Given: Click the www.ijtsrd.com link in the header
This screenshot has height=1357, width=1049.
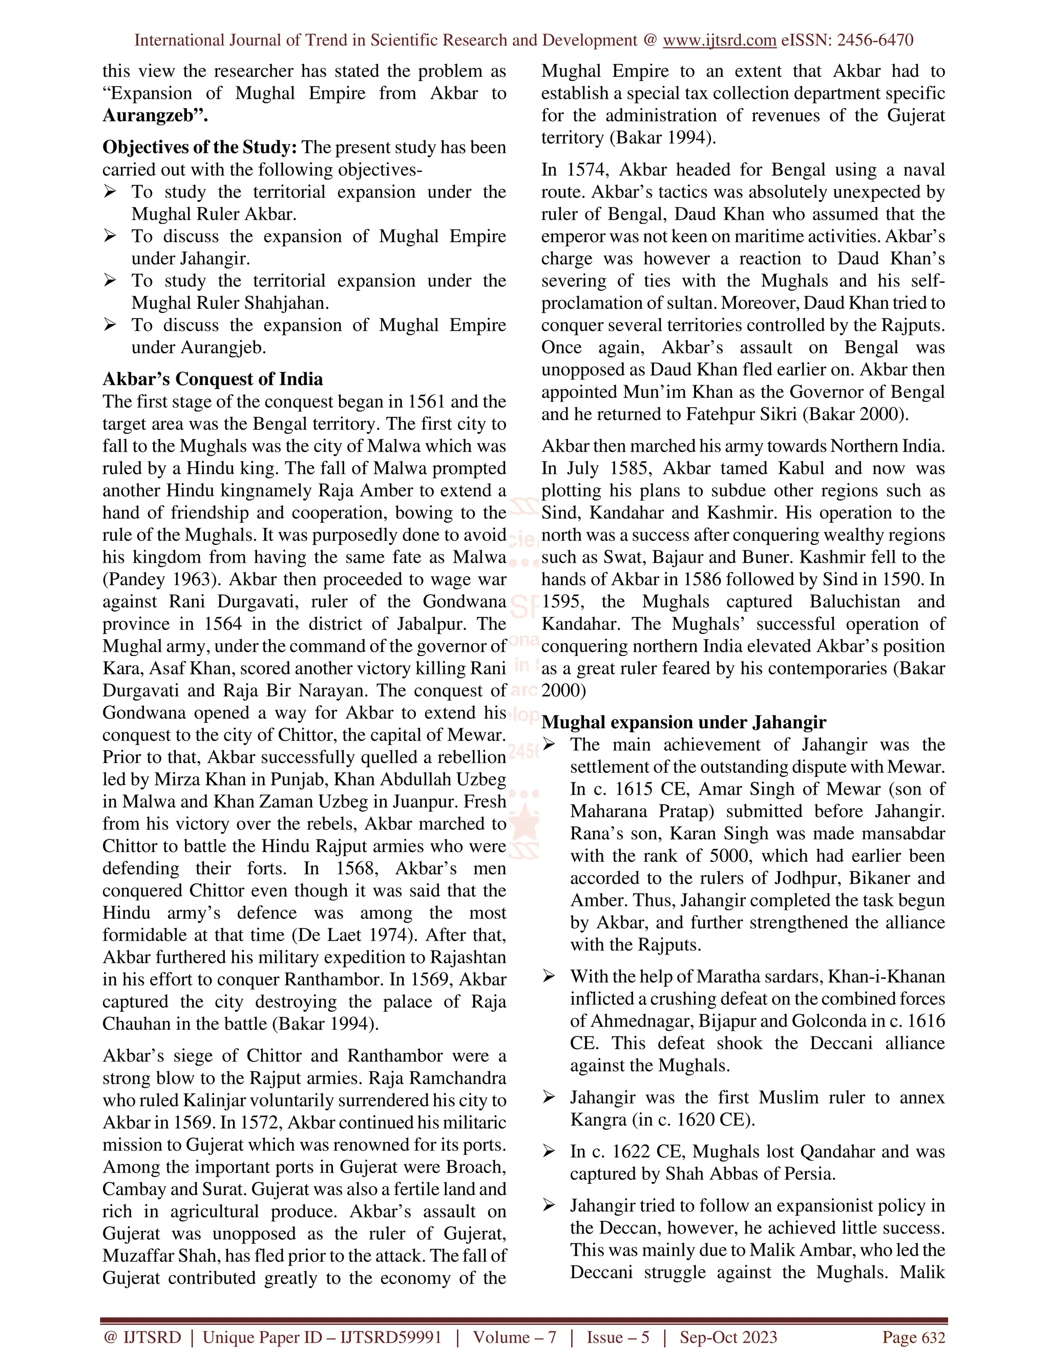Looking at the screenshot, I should pyautogui.click(x=719, y=40).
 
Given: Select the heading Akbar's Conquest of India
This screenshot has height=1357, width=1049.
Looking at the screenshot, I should pyautogui.click(x=213, y=379).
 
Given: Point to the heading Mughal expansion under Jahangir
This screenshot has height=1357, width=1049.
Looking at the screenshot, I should pyautogui.click(x=684, y=722).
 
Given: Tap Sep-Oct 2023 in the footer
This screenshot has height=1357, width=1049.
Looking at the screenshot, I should pyautogui.click(x=728, y=1337).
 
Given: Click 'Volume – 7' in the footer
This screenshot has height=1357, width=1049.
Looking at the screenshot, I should pyautogui.click(x=514, y=1337).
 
